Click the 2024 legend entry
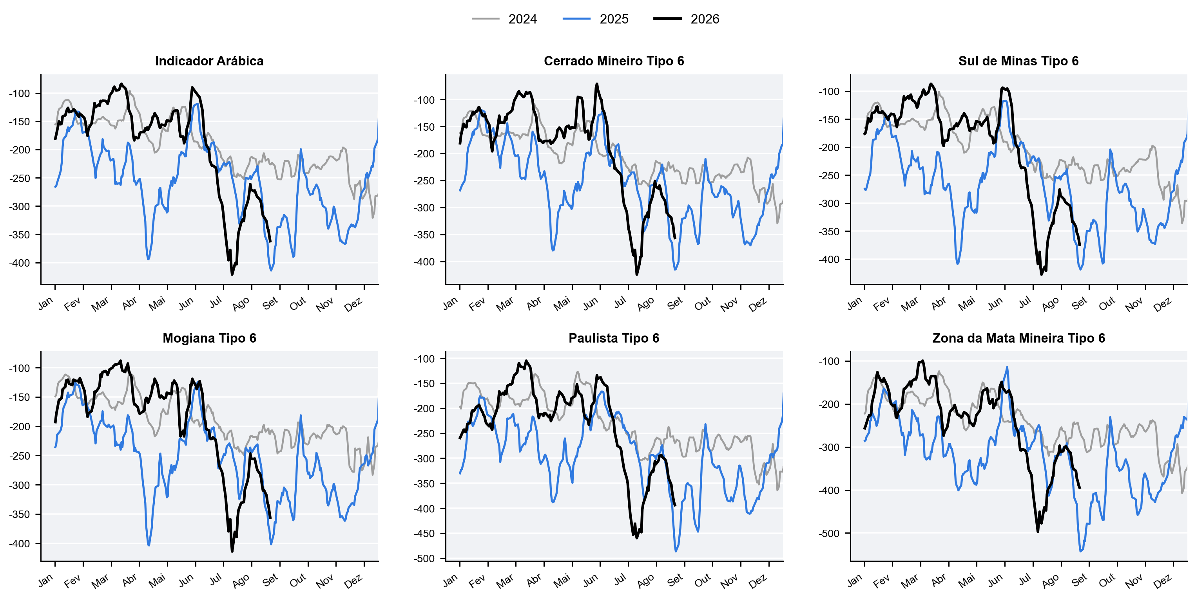point(504,19)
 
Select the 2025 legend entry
point(595,19)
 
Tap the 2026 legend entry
point(686,19)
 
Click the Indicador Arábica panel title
point(209,61)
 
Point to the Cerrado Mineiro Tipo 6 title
point(614,61)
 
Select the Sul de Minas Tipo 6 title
point(1018,61)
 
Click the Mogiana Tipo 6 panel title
point(209,338)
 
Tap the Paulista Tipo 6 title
point(614,338)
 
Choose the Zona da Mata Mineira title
point(1018,338)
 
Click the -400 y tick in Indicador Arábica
point(19,263)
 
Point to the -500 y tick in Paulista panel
point(424,559)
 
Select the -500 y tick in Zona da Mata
point(829,534)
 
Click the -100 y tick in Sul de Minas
point(829,91)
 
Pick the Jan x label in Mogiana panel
point(45,581)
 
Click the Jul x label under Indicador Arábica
point(216,303)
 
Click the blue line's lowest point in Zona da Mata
point(1081,551)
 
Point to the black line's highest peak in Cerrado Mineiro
point(597,84)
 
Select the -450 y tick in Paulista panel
point(424,534)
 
